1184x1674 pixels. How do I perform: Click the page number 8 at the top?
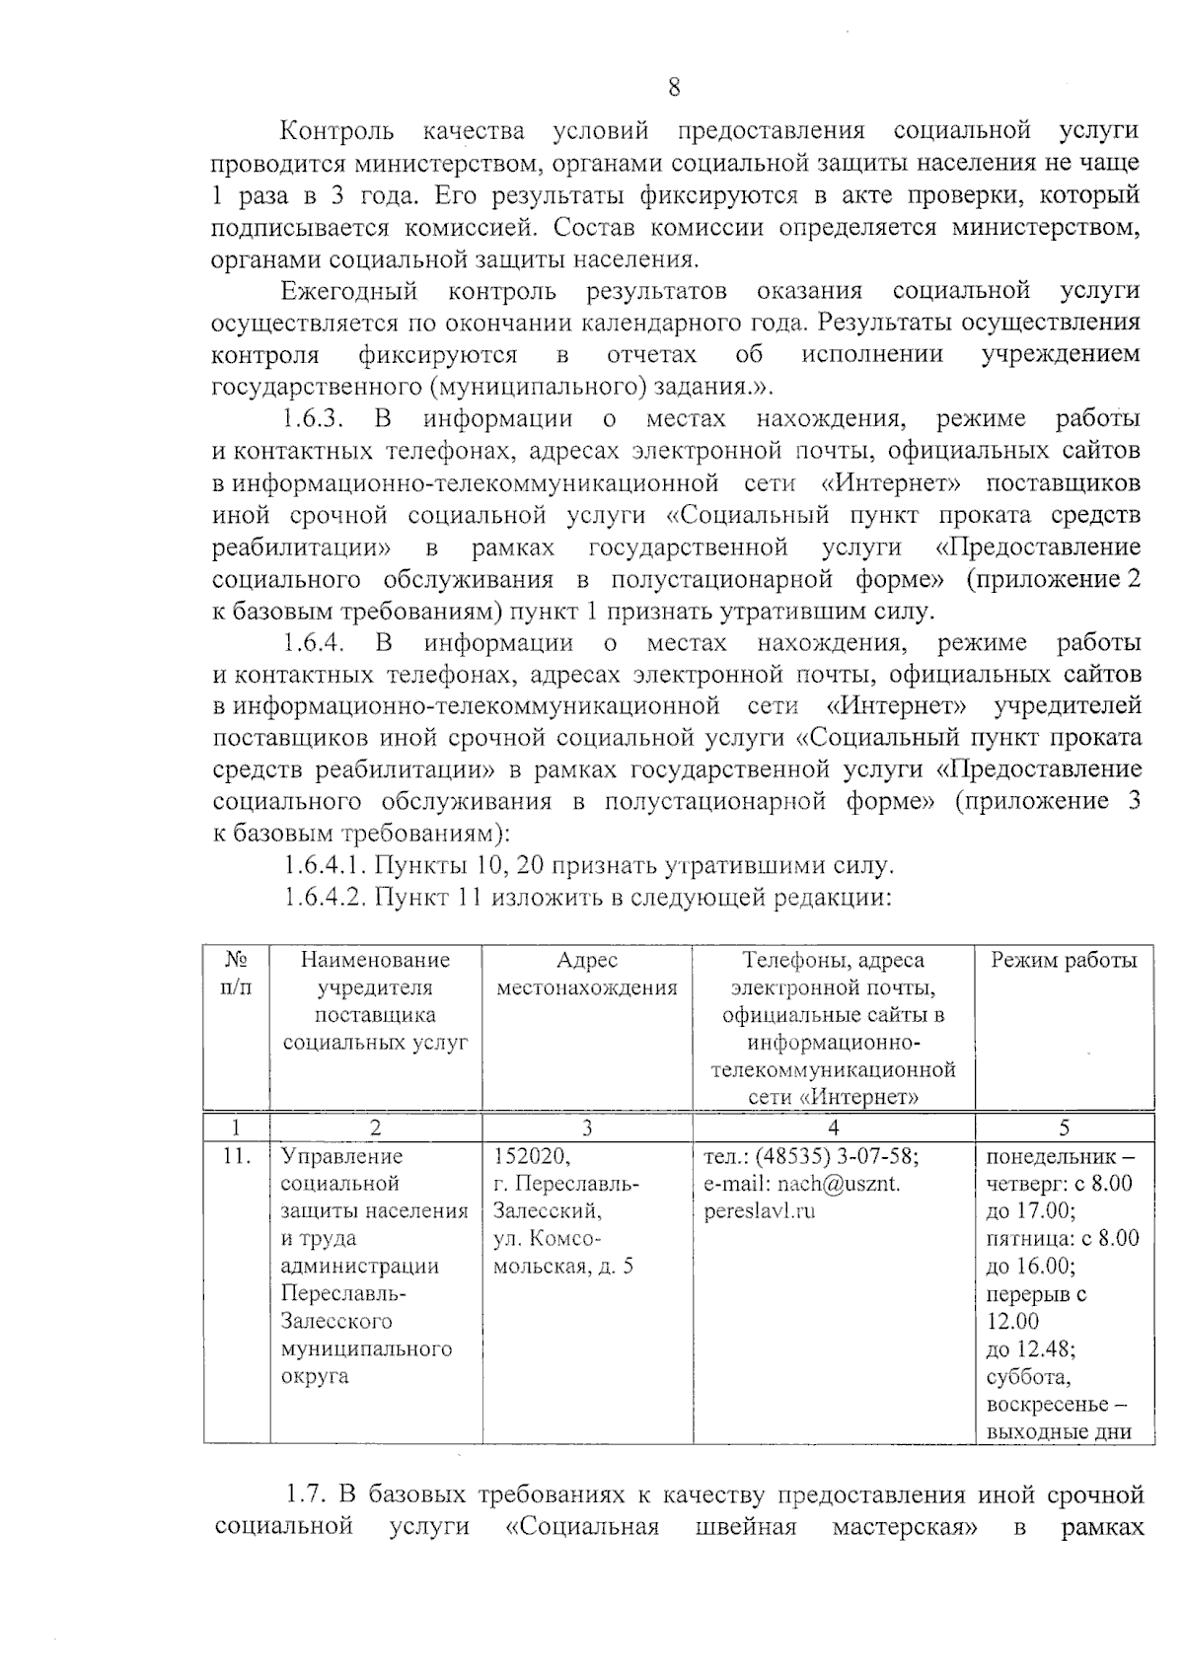click(674, 89)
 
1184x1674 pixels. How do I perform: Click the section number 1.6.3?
click(312, 419)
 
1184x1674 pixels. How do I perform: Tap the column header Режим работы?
click(1064, 961)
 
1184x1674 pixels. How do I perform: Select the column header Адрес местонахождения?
click(587, 975)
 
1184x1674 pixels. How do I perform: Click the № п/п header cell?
click(236, 975)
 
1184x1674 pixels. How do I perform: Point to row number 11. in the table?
click(235, 1156)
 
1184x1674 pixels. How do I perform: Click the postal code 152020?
click(532, 1156)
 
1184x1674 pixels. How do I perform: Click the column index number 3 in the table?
click(587, 1128)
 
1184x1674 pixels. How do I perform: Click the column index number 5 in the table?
click(1064, 1128)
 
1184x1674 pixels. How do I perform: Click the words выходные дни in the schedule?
click(1058, 1433)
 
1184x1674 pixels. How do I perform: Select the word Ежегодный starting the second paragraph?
click(349, 291)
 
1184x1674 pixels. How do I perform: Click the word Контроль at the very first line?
click(336, 131)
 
